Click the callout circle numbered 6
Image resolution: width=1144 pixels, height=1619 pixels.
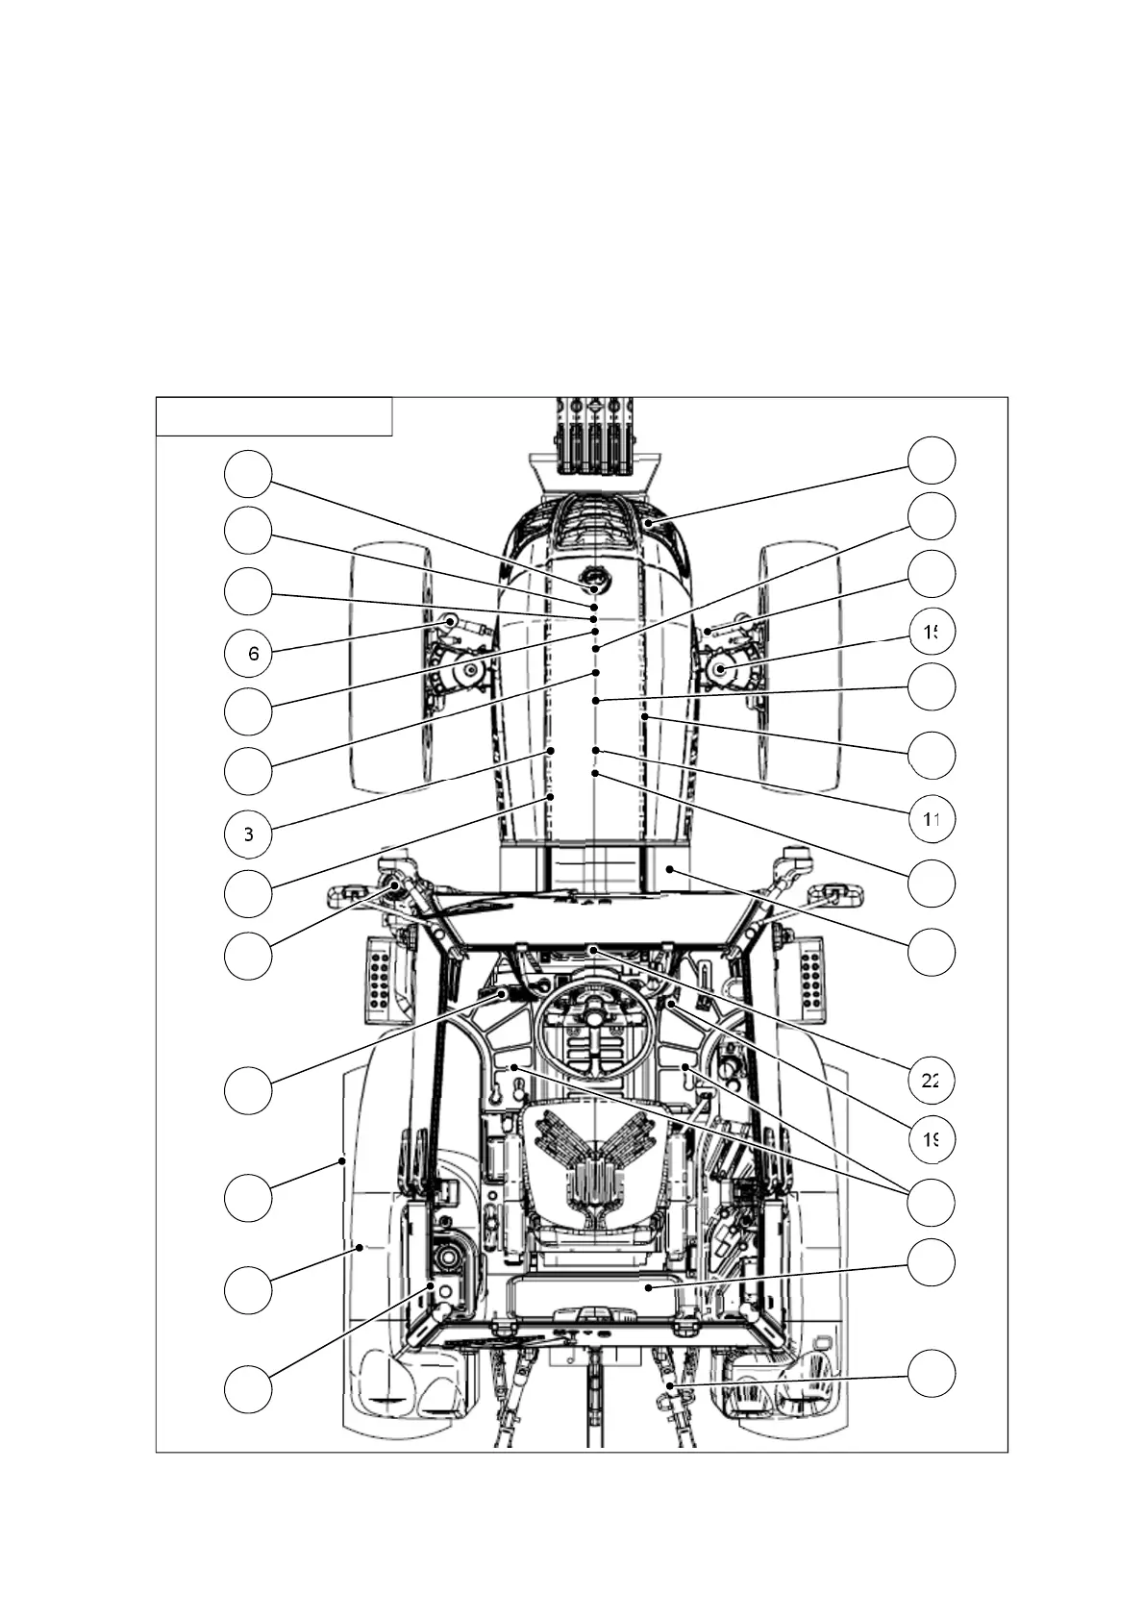[248, 654]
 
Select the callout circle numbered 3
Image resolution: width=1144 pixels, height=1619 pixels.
[248, 834]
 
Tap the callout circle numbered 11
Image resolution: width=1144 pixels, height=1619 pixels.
[932, 819]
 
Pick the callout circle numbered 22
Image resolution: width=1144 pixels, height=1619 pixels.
[932, 1080]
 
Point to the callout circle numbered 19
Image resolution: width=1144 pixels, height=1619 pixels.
[932, 1139]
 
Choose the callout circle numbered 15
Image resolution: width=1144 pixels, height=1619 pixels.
[932, 631]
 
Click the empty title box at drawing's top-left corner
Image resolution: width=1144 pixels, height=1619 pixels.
[274, 416]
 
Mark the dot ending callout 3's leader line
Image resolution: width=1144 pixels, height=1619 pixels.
[552, 750]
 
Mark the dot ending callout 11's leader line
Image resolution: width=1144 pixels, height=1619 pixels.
[596, 750]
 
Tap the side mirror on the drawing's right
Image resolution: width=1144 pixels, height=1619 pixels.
[838, 894]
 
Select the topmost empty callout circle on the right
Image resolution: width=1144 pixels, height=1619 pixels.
[932, 461]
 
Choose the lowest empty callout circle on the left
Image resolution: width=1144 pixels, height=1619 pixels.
[248, 1388]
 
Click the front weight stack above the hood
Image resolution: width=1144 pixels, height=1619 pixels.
[593, 437]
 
